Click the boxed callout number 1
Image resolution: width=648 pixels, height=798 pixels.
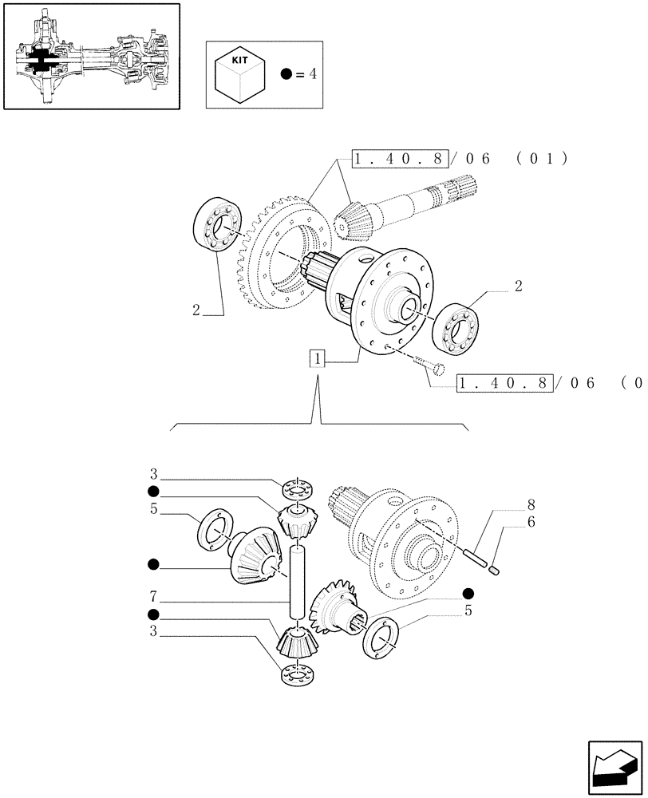tap(318, 359)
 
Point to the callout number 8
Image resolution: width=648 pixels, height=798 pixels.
tap(530, 504)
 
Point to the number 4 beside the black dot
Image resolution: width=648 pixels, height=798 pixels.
tap(313, 74)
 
